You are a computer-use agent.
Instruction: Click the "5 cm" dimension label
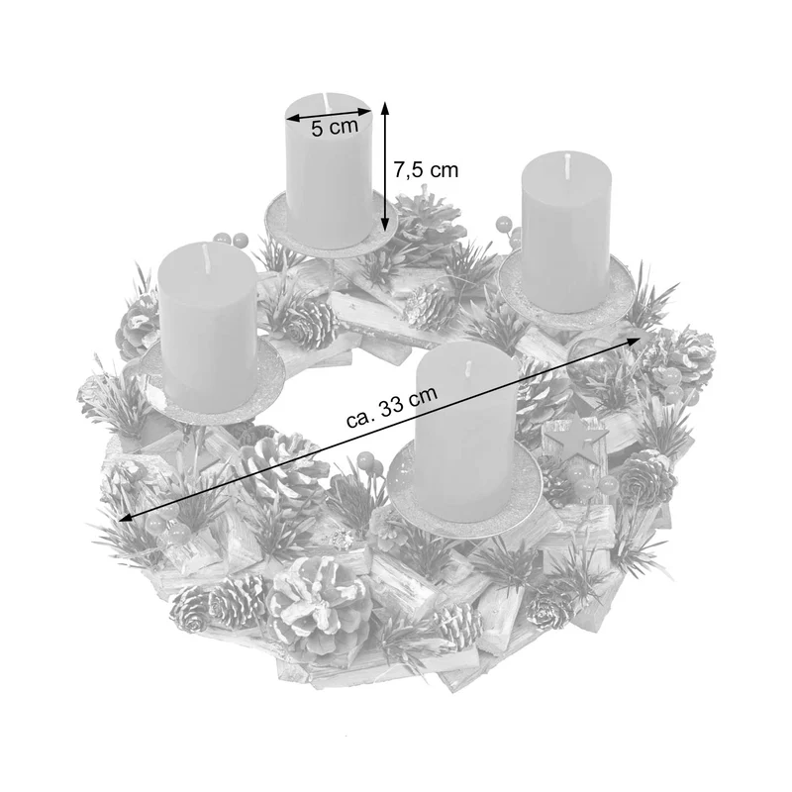(x=334, y=128)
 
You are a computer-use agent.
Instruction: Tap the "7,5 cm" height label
(x=426, y=170)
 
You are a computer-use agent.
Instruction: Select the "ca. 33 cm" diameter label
(x=391, y=408)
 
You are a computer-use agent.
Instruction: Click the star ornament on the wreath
(x=575, y=436)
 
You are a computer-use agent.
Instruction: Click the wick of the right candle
(x=567, y=164)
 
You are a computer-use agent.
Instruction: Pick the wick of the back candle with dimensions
(x=327, y=103)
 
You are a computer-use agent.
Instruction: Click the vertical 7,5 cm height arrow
(x=385, y=165)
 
